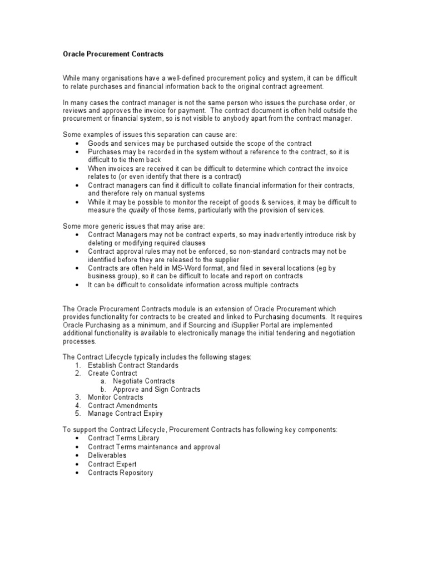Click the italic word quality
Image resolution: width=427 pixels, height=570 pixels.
140,210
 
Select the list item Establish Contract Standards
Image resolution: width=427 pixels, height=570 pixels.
133,365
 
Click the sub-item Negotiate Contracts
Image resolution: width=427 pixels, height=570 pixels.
143,381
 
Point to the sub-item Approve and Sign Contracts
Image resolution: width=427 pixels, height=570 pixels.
156,390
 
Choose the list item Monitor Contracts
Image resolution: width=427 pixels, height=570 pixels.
115,397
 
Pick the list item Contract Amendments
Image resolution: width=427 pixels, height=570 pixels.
122,406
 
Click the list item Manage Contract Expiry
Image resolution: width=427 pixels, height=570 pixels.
125,414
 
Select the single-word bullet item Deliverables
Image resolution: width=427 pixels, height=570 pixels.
107,455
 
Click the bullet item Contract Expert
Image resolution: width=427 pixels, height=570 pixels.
112,464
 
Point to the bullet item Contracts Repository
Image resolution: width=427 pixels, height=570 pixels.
120,473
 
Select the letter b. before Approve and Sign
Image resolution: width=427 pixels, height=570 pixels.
103,390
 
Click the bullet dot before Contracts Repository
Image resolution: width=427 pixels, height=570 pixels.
77,473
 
